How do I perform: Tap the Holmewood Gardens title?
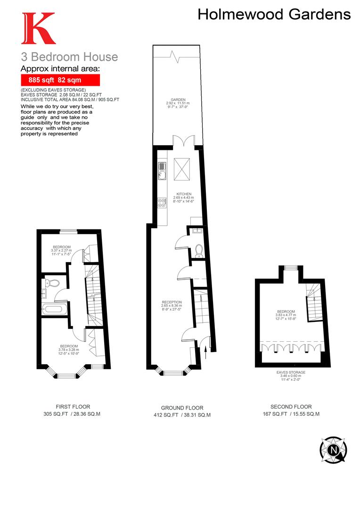tap(274, 14)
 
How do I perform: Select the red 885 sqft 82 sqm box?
tap(60, 80)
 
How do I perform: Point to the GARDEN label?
tap(178, 100)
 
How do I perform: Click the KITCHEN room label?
tap(183, 194)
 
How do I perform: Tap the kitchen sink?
tap(162, 170)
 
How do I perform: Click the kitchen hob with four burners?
tap(162, 202)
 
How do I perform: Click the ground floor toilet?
tap(198, 250)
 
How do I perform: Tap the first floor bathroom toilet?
tap(53, 283)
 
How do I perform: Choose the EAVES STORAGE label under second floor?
tap(291, 372)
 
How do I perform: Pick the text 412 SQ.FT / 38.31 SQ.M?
tap(182, 415)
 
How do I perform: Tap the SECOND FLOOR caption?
tap(291, 407)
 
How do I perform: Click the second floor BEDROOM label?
tap(286, 312)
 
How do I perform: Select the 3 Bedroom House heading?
tap(69, 57)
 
